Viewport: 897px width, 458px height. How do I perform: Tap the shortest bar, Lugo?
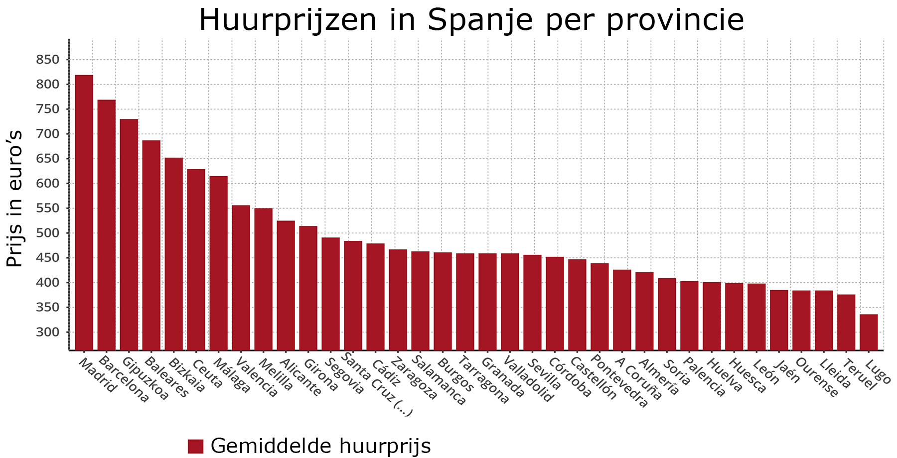[869, 332]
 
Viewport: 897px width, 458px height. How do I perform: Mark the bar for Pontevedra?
[599, 307]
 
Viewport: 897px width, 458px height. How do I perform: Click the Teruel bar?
[846, 322]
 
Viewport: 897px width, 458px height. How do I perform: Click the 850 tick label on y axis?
[47, 60]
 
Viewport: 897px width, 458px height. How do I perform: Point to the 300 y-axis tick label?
[47, 332]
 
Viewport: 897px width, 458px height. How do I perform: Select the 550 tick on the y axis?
[47, 208]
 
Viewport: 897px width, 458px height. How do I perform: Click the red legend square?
[195, 446]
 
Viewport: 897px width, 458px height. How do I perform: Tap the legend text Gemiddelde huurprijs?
[320, 446]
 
